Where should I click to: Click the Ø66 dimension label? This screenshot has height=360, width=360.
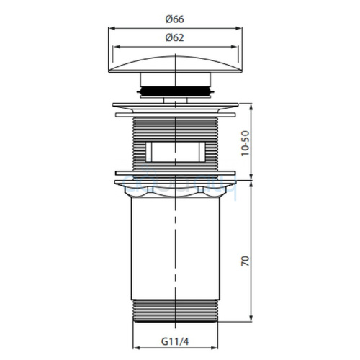click(x=174, y=19)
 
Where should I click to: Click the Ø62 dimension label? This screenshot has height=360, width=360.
click(x=174, y=37)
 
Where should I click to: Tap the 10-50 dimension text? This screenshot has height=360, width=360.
click(x=246, y=143)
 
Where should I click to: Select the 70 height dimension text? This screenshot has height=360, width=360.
click(x=246, y=261)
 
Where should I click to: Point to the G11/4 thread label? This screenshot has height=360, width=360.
click(x=175, y=341)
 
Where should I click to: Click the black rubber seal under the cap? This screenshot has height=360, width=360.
click(x=176, y=91)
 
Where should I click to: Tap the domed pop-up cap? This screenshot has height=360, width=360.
click(x=176, y=64)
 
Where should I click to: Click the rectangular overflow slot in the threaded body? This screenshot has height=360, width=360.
click(x=176, y=152)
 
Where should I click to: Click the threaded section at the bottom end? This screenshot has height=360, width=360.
click(x=176, y=310)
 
